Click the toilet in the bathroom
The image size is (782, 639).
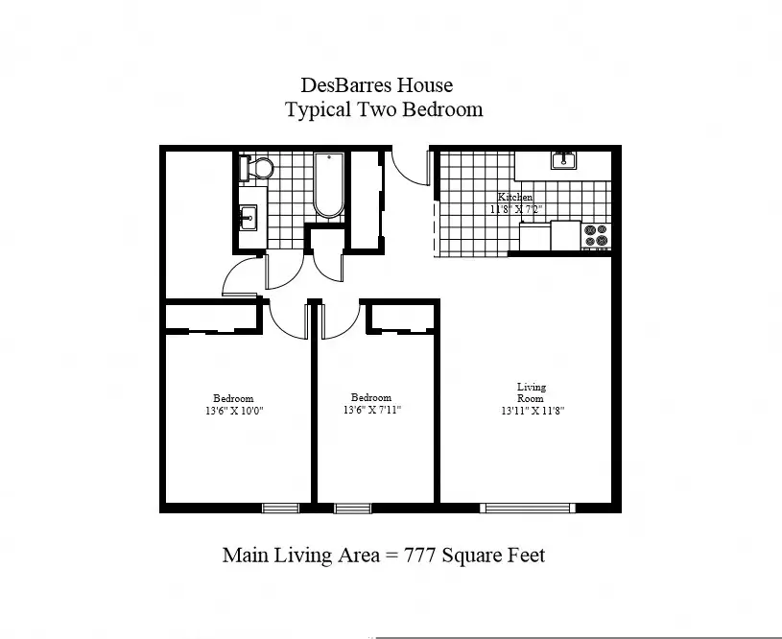(x=256, y=168)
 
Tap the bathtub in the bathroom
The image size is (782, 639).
(x=329, y=185)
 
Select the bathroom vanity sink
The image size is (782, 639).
(x=248, y=218)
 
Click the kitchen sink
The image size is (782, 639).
(x=563, y=160)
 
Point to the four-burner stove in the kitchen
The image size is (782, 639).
(x=596, y=236)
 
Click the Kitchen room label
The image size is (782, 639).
(x=515, y=197)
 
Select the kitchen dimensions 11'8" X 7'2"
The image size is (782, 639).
(x=515, y=209)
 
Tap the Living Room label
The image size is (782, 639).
(x=532, y=392)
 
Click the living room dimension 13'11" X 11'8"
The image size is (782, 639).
(x=533, y=411)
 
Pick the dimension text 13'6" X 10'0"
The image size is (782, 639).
(x=234, y=411)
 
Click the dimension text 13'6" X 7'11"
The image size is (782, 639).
(x=372, y=410)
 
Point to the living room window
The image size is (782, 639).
(x=528, y=508)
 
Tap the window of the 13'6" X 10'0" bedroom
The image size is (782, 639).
(x=281, y=508)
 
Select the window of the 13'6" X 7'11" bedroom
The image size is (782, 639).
(x=352, y=508)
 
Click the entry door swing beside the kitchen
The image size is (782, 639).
(x=411, y=167)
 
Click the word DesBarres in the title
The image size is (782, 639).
(x=346, y=85)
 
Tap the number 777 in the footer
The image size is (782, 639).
(x=419, y=555)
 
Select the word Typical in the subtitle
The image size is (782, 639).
(x=318, y=109)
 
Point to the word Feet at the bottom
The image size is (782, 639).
(x=526, y=555)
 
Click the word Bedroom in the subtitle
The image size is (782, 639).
(x=443, y=109)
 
